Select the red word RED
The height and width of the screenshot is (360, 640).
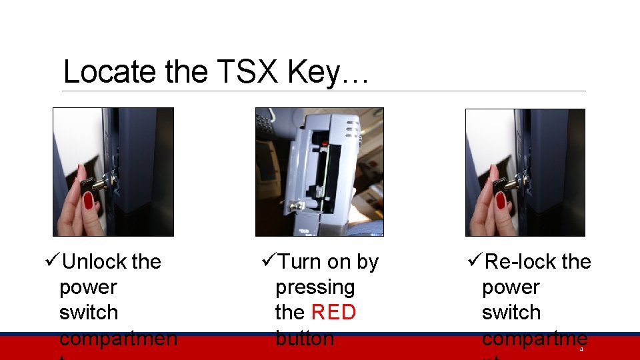tap(333, 312)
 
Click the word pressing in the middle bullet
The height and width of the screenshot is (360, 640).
tap(315, 288)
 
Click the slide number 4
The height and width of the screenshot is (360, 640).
tap(581, 349)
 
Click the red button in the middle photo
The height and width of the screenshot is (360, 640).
tap(323, 143)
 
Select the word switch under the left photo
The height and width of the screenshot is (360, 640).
tap(88, 313)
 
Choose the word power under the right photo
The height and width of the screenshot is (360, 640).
tap(510, 287)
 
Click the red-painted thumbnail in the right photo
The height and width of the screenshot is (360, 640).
tap(501, 200)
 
